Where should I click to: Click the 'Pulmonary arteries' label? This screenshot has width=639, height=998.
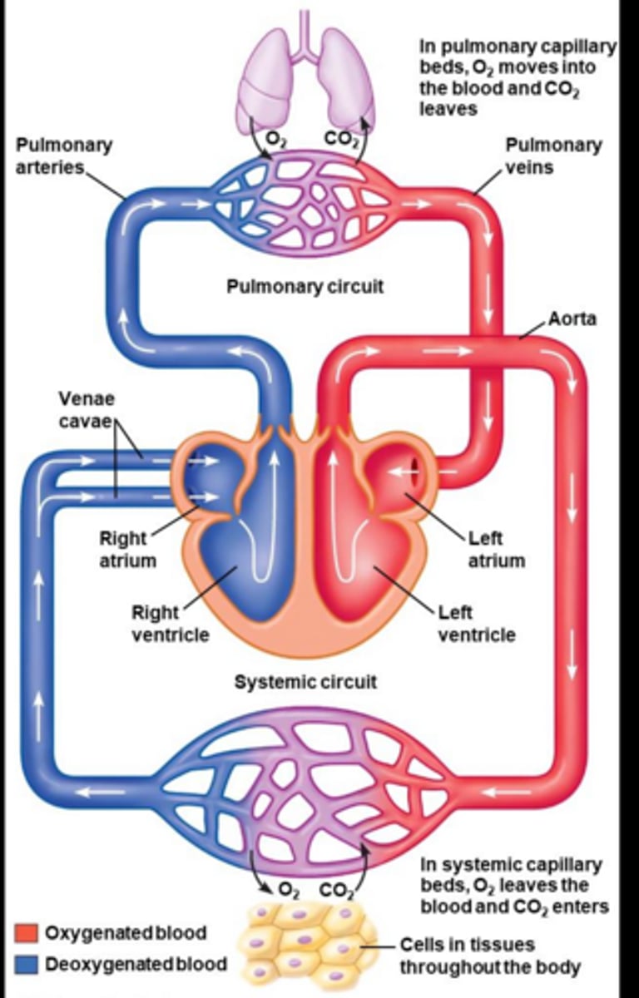click(63, 156)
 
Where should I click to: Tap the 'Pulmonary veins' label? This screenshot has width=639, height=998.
click(552, 156)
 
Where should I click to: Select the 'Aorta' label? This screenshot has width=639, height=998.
click(572, 319)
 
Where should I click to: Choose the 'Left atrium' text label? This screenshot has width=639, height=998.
click(496, 549)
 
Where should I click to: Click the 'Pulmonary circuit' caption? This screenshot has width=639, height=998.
click(305, 286)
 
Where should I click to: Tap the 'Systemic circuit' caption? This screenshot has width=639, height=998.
click(305, 682)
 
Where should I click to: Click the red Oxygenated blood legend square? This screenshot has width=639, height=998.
click(27, 932)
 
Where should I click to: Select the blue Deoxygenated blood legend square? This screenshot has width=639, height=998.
click(27, 965)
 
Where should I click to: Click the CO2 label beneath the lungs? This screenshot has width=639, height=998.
click(341, 139)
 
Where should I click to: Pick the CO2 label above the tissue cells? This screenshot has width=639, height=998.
click(337, 891)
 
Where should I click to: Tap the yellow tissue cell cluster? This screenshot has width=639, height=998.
click(304, 944)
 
